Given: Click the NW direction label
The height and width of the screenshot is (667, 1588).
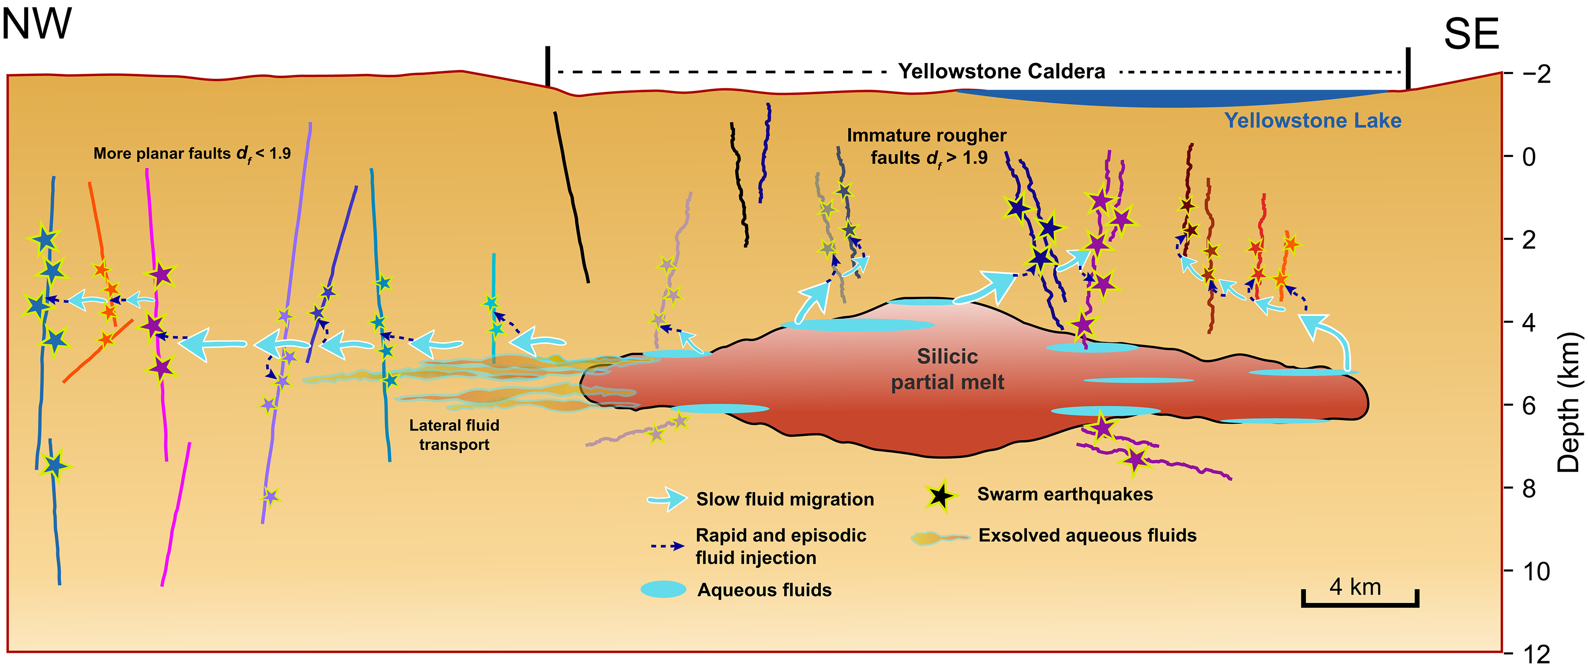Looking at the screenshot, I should [x=37, y=25].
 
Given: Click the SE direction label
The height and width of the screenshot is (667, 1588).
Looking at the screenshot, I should [x=1471, y=34].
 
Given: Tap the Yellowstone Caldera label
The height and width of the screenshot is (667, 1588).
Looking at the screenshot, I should [x=1001, y=71].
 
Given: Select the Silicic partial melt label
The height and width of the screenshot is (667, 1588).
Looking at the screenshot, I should [x=948, y=369].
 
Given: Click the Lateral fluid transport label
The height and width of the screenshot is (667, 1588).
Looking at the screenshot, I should [x=454, y=435].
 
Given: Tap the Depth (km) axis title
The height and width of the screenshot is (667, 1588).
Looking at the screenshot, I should [x=1569, y=403].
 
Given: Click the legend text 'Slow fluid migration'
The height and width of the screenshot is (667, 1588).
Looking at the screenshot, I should [x=785, y=499].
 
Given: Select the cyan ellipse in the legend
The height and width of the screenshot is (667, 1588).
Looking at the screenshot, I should [x=663, y=589].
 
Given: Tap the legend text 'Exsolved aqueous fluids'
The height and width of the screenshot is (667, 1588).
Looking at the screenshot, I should [x=1087, y=535].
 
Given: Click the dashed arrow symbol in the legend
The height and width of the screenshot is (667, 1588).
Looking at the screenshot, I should [x=668, y=546].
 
